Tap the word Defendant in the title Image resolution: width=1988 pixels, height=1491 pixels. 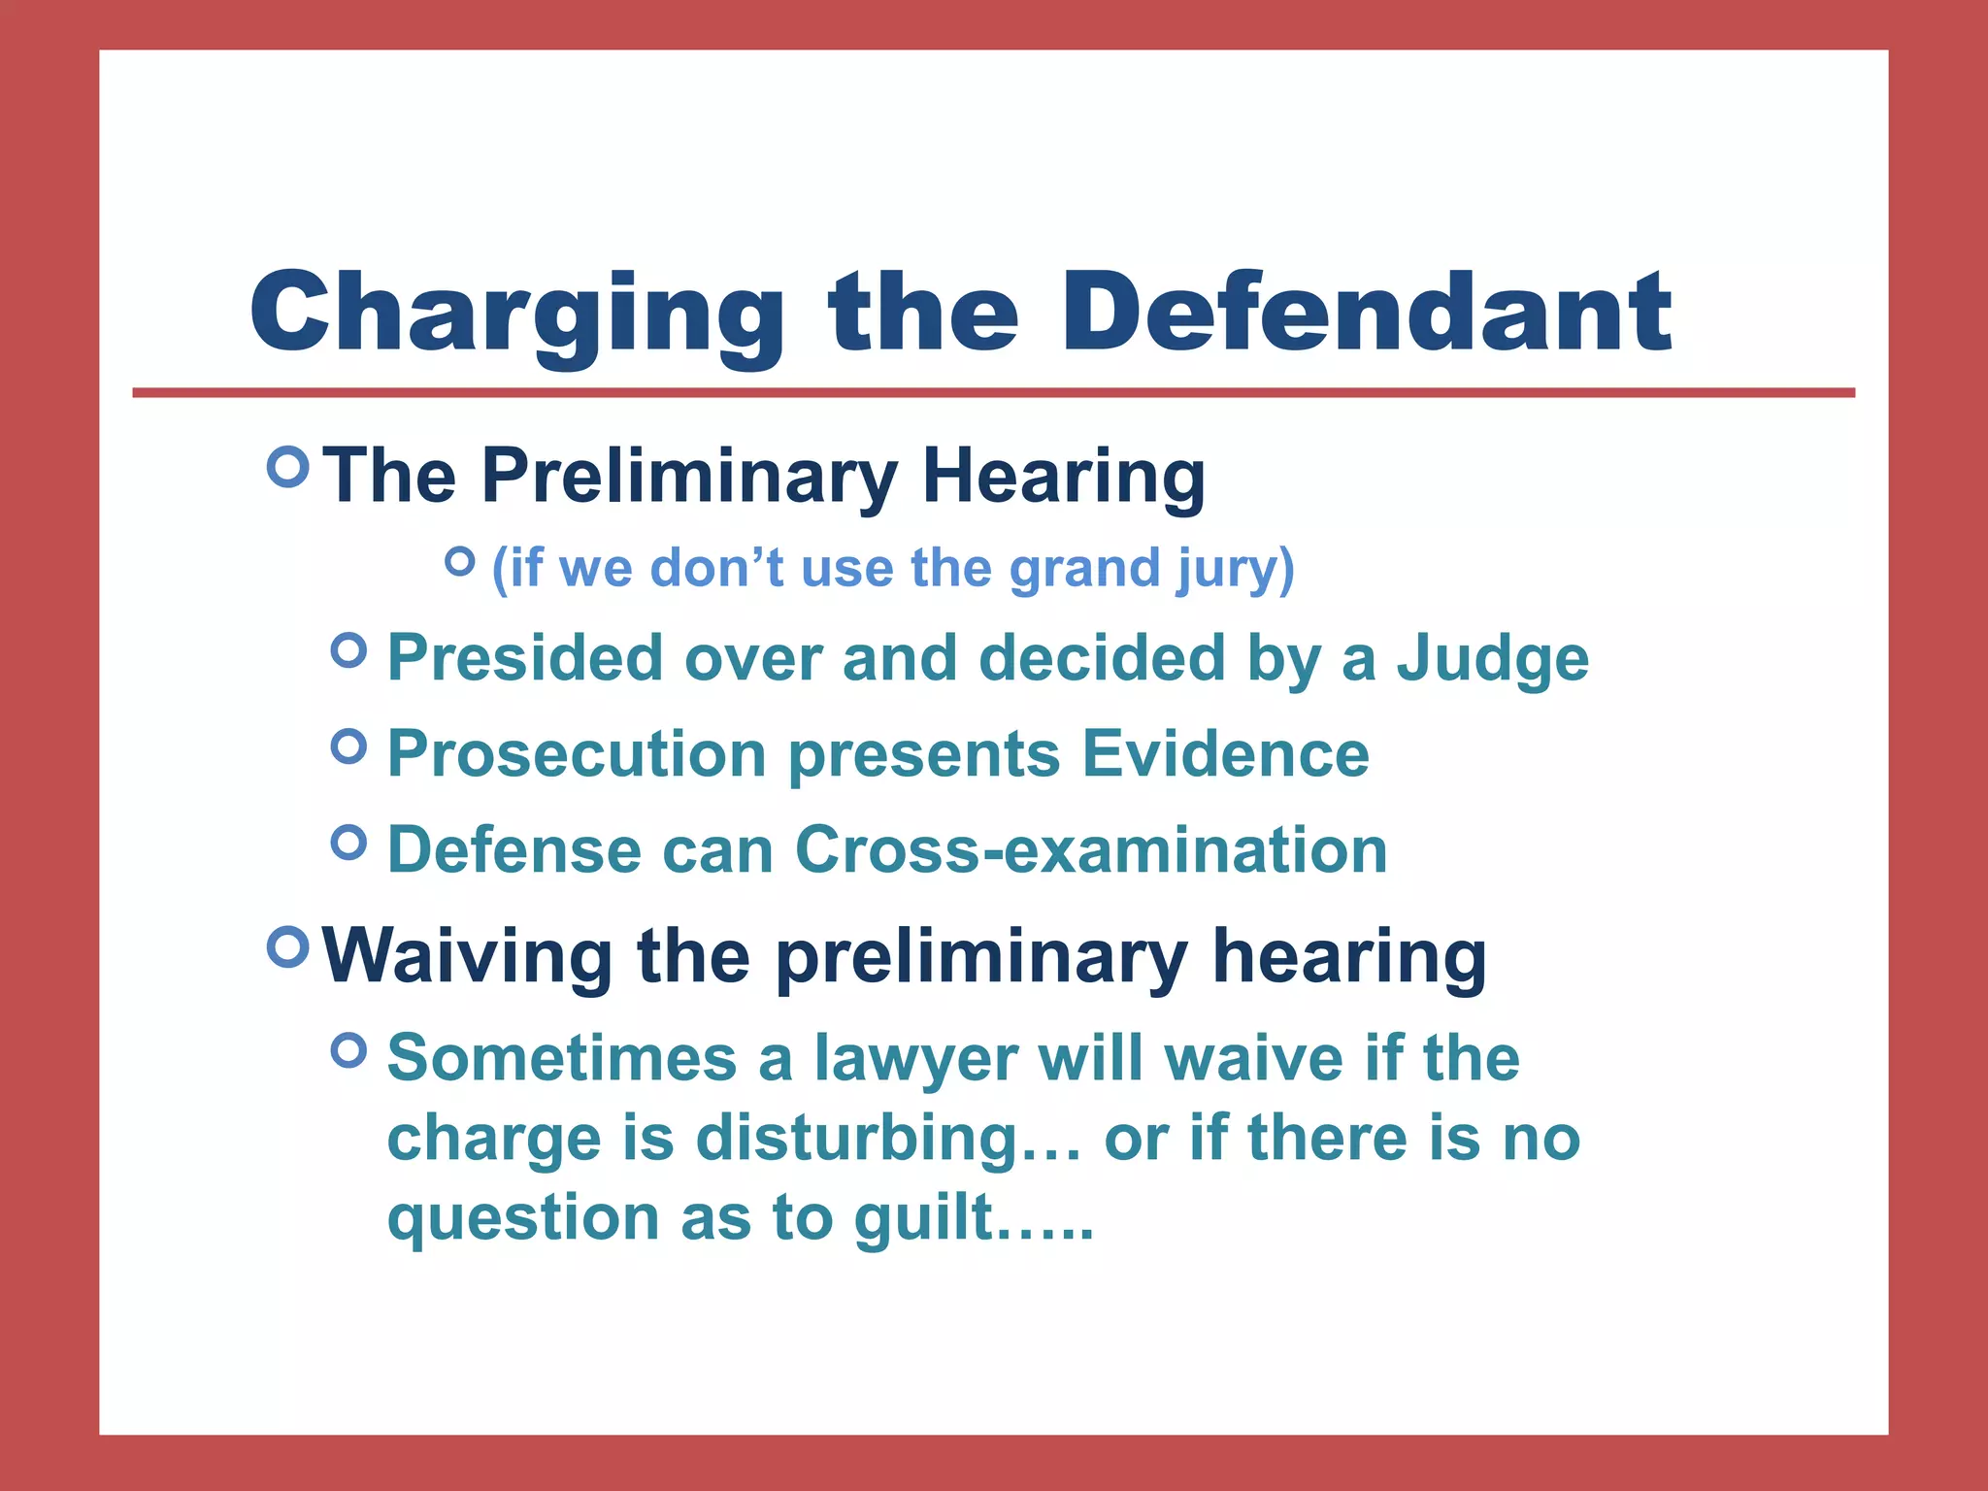point(1366,313)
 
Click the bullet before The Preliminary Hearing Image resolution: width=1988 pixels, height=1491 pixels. point(287,467)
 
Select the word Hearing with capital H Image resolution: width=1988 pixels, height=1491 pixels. point(1063,478)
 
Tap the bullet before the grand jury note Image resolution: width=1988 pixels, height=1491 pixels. point(459,560)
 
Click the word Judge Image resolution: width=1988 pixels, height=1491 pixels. point(1492,660)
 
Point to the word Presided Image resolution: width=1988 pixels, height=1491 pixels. point(524,658)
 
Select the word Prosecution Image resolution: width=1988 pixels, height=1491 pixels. point(577,754)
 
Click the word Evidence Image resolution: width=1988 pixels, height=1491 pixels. point(1225,754)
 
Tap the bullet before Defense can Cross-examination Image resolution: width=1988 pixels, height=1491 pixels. point(348,842)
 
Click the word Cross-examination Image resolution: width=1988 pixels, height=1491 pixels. point(1090,850)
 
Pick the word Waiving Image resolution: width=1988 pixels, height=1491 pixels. point(467,957)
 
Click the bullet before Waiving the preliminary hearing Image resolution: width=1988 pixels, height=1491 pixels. point(287,945)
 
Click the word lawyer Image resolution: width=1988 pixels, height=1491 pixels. point(915,1059)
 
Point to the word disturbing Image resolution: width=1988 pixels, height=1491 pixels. point(857,1139)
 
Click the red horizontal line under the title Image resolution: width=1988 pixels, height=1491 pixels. point(993,393)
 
